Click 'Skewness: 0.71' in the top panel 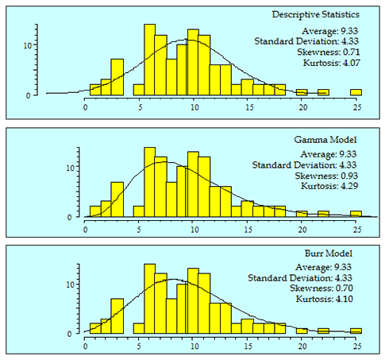pos(328,50)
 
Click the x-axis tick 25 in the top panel pos(358,103)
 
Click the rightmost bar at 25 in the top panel pos(356,91)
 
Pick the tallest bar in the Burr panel pos(149,298)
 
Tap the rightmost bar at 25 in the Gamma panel pos(356,213)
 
